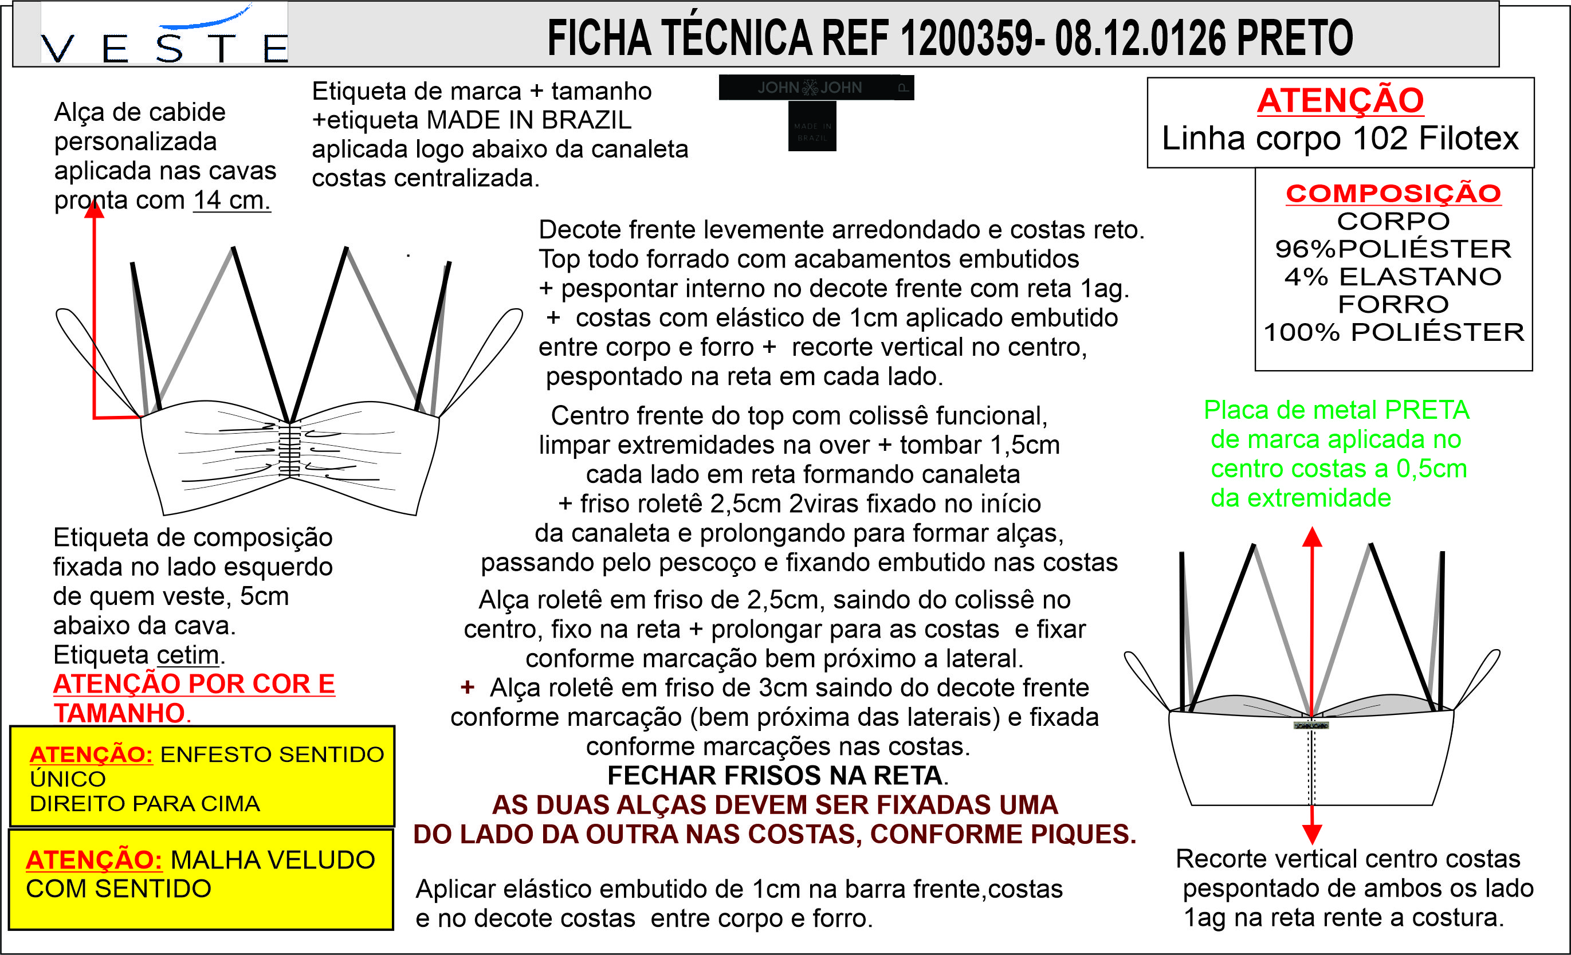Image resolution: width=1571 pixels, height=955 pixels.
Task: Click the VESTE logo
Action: click(164, 35)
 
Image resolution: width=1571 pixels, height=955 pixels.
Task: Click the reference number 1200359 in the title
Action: click(967, 38)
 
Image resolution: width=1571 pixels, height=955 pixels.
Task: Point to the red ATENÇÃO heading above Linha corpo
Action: click(1340, 101)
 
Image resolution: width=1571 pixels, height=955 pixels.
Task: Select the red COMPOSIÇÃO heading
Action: click(1393, 193)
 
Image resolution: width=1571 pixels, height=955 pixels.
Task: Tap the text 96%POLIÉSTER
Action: click(1393, 249)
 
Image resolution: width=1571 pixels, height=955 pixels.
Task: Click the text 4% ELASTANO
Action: click(1393, 277)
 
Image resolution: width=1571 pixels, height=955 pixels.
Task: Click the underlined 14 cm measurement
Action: click(231, 200)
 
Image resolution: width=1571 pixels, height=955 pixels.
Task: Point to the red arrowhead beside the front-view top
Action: click(95, 209)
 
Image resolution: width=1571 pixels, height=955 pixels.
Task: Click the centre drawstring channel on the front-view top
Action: click(289, 450)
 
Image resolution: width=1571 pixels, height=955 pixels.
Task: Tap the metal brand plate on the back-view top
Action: click(1311, 725)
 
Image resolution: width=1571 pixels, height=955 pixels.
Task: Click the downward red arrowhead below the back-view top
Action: click(1311, 834)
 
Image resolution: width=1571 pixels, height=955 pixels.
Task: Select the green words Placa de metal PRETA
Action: click(1336, 410)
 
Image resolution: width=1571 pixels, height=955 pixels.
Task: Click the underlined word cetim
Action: click(187, 655)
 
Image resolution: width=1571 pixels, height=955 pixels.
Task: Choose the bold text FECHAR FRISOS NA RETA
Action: click(775, 775)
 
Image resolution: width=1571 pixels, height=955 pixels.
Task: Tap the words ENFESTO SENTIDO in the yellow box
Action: click(272, 754)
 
